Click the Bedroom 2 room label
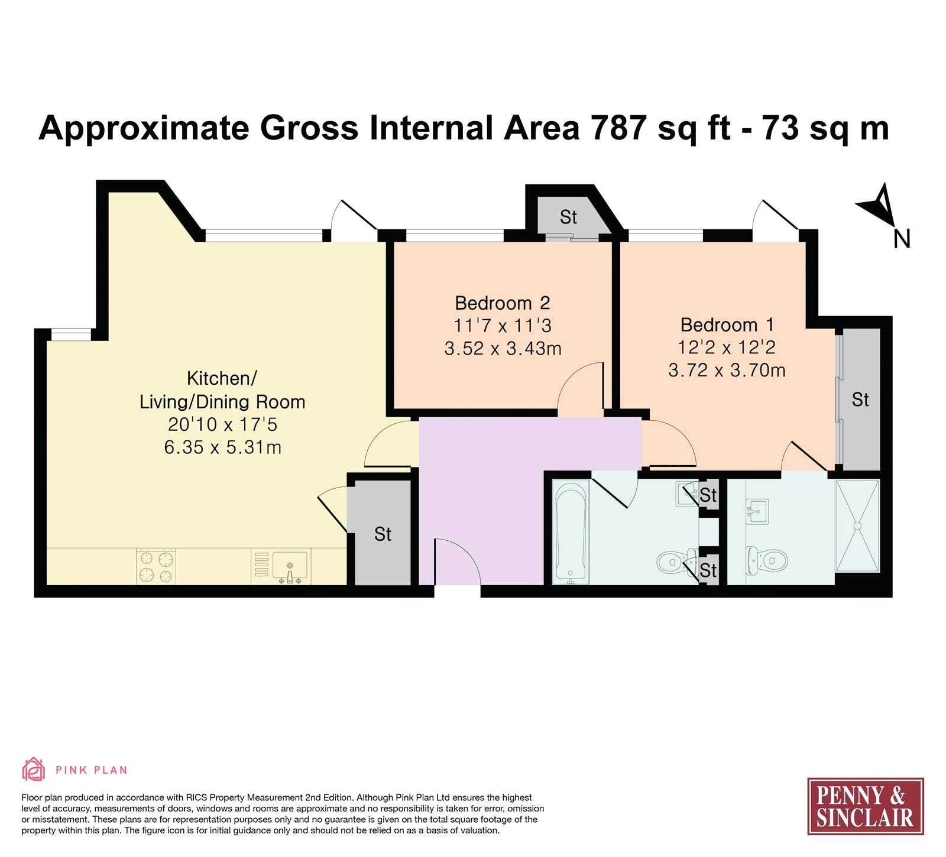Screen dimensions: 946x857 click(503, 303)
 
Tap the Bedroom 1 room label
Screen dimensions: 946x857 click(727, 324)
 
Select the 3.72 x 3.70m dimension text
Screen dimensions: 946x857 click(727, 370)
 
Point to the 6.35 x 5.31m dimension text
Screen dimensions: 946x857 click(222, 447)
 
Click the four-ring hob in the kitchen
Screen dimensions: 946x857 click(156, 566)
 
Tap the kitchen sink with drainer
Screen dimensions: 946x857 click(281, 567)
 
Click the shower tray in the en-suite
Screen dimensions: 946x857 click(857, 525)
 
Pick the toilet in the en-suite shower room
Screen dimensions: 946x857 click(767, 560)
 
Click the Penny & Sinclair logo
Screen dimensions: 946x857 click(865, 806)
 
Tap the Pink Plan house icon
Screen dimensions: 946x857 click(34, 770)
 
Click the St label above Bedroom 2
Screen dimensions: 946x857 click(568, 218)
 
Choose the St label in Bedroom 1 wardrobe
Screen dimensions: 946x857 click(860, 400)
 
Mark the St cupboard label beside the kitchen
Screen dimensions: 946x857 click(383, 534)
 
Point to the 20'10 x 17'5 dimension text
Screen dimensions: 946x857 click(222, 424)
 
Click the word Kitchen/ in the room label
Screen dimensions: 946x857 click(222, 378)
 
